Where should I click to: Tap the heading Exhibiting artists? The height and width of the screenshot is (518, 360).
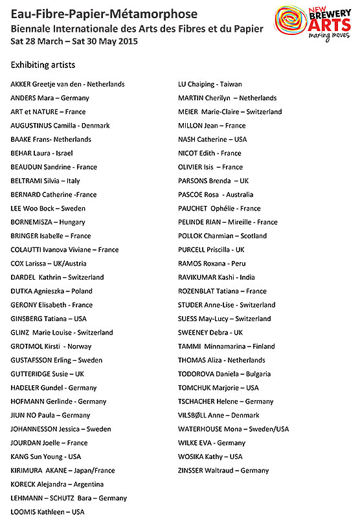43,65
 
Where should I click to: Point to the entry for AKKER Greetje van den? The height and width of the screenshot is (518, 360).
68,84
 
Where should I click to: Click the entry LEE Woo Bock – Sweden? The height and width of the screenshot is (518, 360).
48,208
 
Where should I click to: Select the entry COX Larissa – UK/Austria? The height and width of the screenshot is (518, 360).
49,264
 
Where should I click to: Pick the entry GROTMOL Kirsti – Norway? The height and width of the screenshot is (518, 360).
51,346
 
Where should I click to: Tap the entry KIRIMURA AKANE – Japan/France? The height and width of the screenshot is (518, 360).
59,471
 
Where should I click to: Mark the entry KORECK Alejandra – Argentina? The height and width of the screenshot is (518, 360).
56,484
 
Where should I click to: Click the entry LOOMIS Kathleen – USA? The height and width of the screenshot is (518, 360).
48,512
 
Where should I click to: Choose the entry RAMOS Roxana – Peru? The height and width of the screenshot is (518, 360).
212,264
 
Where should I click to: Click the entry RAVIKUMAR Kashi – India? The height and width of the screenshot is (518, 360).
217,277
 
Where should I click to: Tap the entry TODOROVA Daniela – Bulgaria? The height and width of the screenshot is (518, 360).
224,374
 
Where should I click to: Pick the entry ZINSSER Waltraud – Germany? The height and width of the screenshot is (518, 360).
223,471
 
